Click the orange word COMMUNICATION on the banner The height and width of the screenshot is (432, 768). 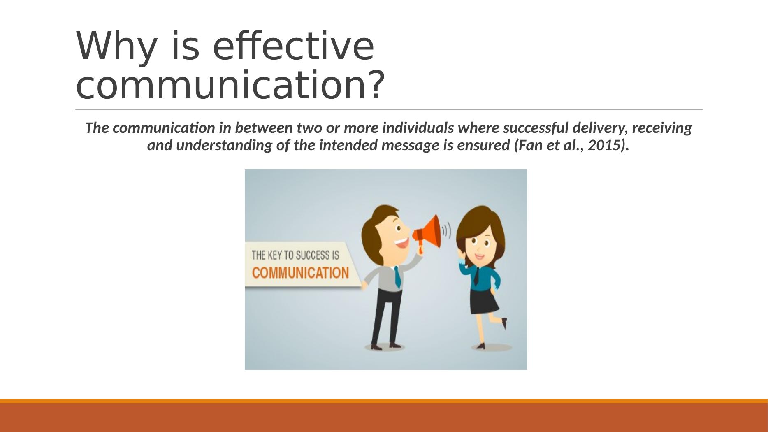[x=300, y=273]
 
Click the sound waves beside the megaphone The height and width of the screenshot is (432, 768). [x=446, y=231]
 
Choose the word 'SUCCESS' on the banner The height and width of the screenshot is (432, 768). [x=309, y=255]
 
